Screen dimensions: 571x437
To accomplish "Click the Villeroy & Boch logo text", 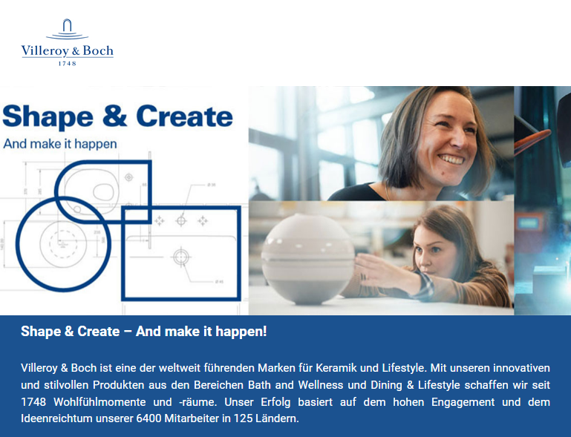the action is pyautogui.click(x=68, y=50).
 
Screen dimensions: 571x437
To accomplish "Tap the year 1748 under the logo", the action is pyautogui.click(x=68, y=63).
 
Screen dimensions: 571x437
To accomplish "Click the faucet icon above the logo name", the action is pyautogui.click(x=68, y=28).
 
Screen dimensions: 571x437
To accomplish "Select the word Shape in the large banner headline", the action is pyautogui.click(x=48, y=116).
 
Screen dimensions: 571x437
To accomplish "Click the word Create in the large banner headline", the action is pyautogui.click(x=185, y=116).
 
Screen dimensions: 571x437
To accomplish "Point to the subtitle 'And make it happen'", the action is pyautogui.click(x=60, y=144).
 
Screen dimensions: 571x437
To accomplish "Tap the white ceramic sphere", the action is pyautogui.click(x=307, y=259).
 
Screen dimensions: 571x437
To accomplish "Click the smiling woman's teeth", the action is pyautogui.click(x=451, y=160).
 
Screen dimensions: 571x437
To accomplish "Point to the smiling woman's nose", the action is pyautogui.click(x=458, y=140).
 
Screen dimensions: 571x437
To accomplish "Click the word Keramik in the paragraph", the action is pyautogui.click(x=336, y=368).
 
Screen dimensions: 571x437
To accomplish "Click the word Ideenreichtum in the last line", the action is pyautogui.click(x=56, y=418).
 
